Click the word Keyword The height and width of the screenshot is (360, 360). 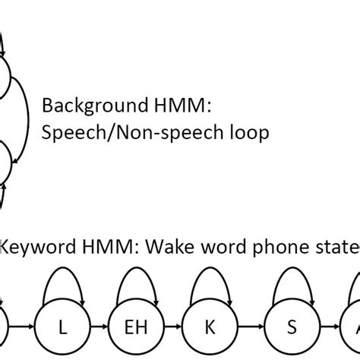coord(30,247)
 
